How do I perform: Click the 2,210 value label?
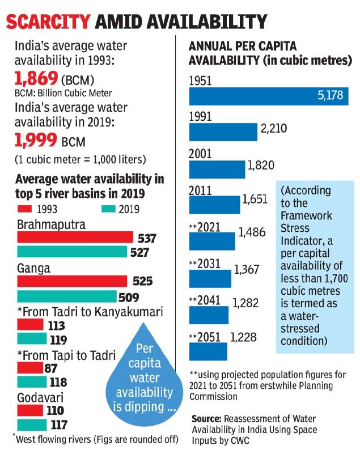[x=274, y=128]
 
